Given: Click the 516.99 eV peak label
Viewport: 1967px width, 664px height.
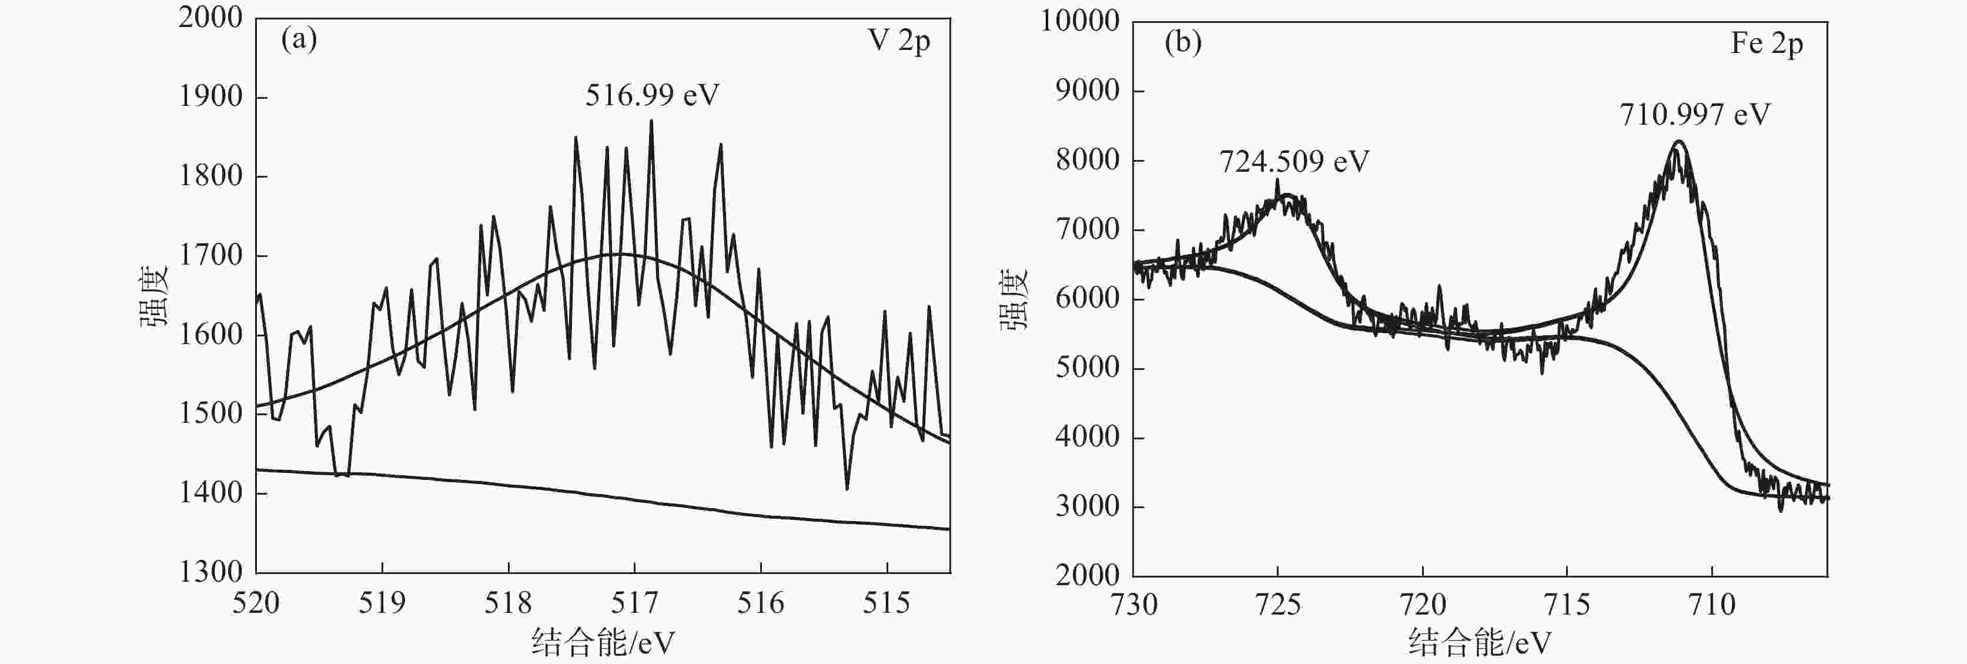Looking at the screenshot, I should coord(652,95).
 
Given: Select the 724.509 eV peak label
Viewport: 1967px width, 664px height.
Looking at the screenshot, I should coord(1293,161).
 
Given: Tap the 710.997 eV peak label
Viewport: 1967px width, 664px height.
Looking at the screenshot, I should coord(1694,115).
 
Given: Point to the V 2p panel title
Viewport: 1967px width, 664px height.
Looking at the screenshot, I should coord(899,41).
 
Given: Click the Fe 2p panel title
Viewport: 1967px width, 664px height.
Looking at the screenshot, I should coord(1766,43).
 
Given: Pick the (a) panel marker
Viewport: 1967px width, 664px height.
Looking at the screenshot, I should coord(299,38).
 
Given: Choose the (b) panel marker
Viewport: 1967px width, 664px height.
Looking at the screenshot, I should coord(1183,41).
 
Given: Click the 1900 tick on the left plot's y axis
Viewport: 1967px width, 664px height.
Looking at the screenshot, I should coord(210,97).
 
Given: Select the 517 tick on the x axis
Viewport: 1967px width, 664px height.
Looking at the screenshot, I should coord(634,603).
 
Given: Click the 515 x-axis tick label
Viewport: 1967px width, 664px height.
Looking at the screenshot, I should coord(887,603).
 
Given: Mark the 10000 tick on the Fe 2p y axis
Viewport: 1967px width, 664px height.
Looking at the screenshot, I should coord(1080,21).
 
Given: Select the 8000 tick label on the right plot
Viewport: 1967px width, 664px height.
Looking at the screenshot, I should coord(1088,160).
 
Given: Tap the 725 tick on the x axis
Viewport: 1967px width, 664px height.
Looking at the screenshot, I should coord(1277,605).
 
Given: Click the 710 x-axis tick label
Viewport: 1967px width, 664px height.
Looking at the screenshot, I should coord(1712,605).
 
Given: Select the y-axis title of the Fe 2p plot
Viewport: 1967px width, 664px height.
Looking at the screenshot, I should coord(1015,299).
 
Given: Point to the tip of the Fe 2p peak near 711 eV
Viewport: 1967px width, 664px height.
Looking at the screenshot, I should coord(1678,141).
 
